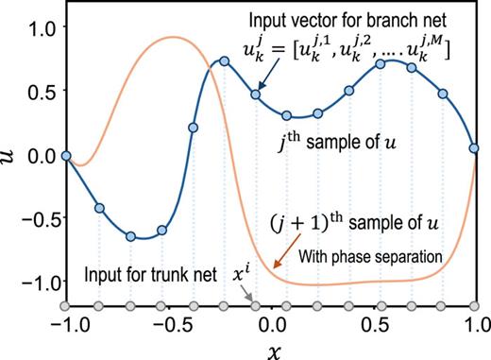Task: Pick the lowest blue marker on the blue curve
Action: click(130, 236)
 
